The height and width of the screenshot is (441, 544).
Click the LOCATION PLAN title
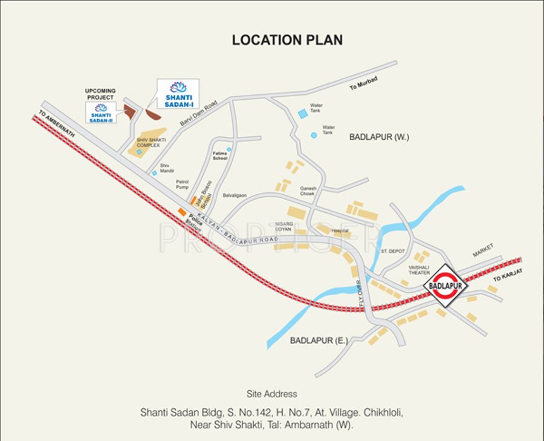[x=287, y=40]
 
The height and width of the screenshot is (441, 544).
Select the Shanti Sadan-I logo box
[x=178, y=94]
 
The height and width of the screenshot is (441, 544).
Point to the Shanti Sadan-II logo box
[x=101, y=112]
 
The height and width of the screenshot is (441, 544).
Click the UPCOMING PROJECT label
[x=100, y=94]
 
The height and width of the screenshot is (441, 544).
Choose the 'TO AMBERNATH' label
[x=56, y=124]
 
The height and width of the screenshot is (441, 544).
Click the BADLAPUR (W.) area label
[x=379, y=137]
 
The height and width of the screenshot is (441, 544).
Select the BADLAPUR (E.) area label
[x=319, y=341]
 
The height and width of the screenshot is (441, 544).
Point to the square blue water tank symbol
[x=302, y=114]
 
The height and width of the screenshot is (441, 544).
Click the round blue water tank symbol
[x=314, y=135]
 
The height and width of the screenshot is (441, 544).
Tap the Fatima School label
[x=219, y=156]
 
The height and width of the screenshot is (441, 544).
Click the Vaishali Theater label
[x=418, y=270]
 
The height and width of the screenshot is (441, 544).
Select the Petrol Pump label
[x=183, y=184]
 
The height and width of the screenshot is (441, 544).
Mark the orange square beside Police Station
[x=181, y=211]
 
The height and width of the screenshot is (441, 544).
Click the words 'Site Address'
[x=271, y=394]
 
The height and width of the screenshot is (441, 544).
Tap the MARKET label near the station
[x=483, y=247]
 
